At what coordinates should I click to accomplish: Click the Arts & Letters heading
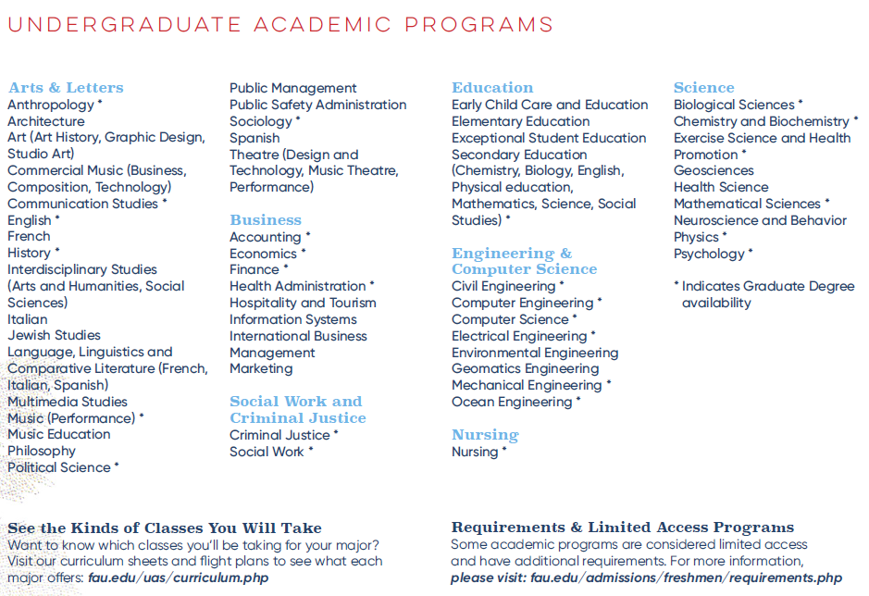(x=66, y=88)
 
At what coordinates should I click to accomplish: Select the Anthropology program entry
(x=51, y=105)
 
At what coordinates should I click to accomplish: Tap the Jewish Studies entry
(x=54, y=335)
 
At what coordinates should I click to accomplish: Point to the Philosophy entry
(x=42, y=451)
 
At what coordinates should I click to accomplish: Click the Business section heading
(x=266, y=220)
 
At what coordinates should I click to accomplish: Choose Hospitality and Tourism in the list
(x=303, y=303)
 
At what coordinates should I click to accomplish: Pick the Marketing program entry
(x=261, y=368)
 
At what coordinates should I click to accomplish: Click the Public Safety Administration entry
(x=317, y=105)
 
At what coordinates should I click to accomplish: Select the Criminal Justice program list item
(x=279, y=435)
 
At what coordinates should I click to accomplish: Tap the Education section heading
(x=492, y=88)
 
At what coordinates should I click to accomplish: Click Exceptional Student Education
(x=549, y=138)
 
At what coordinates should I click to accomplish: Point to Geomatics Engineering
(x=525, y=368)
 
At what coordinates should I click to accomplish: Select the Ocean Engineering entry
(x=512, y=402)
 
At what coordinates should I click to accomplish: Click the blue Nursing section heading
(x=485, y=435)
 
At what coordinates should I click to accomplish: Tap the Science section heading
(x=703, y=88)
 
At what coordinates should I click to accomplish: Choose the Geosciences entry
(x=714, y=170)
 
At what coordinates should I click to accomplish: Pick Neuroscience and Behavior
(x=760, y=220)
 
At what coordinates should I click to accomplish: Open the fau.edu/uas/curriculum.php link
(x=179, y=577)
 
